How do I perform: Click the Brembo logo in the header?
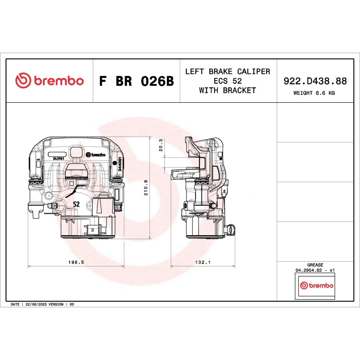(50, 80)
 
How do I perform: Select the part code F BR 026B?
(137, 81)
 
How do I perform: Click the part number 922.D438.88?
(315, 81)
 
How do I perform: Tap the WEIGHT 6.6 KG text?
(314, 93)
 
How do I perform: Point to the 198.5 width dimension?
(76, 262)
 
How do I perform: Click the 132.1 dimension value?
(203, 262)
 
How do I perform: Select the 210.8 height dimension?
(146, 188)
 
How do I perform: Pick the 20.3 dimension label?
(161, 145)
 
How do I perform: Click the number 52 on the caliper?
(76, 204)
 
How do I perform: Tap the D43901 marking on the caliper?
(59, 159)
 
